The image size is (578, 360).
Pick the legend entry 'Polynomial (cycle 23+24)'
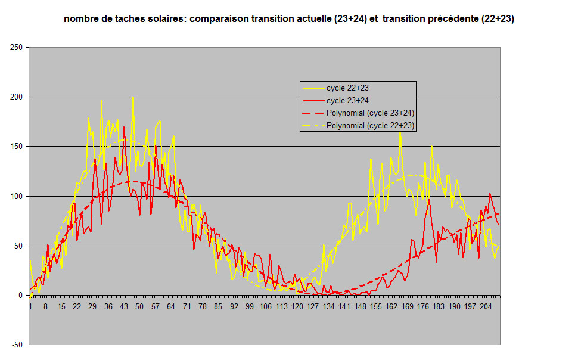click(x=370, y=113)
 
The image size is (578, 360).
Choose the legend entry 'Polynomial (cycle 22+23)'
click(x=370, y=125)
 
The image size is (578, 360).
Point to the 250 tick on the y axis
click(x=17, y=47)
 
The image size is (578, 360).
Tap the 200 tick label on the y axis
click(x=17, y=97)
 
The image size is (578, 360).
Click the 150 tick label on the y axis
click(x=17, y=147)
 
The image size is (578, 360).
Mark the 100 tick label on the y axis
click(x=17, y=196)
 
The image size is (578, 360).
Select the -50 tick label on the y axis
click(x=17, y=345)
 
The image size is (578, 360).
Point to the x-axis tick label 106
click(x=265, y=307)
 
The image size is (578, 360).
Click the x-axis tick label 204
click(x=486, y=307)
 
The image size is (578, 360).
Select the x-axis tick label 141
click(x=344, y=307)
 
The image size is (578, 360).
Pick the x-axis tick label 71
click(x=187, y=307)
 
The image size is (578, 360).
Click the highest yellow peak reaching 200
click(x=133, y=97)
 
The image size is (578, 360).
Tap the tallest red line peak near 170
click(x=124, y=127)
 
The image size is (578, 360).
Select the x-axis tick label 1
click(x=30, y=307)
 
